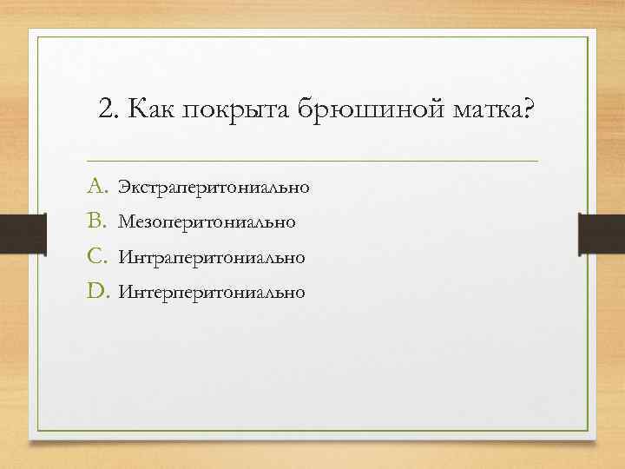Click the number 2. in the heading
(x=109, y=110)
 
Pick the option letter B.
(x=95, y=221)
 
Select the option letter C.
(x=95, y=256)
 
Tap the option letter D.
(x=95, y=291)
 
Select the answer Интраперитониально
(x=212, y=257)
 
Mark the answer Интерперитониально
(x=212, y=292)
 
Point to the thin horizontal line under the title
(x=312, y=161)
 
